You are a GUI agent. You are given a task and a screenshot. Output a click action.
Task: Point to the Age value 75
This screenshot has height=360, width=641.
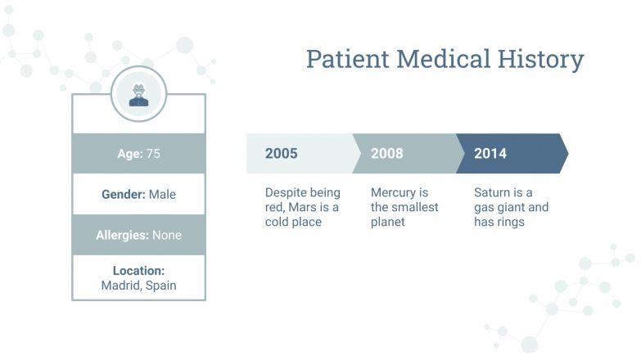[x=153, y=153]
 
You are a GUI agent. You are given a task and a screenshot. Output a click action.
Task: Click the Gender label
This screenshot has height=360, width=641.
[x=124, y=195]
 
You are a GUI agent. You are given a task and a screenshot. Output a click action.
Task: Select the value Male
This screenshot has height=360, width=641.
[x=162, y=195]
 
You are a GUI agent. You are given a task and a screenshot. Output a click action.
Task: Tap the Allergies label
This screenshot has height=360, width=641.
[x=122, y=235]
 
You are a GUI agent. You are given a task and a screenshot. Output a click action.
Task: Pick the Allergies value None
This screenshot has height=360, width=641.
[x=166, y=235]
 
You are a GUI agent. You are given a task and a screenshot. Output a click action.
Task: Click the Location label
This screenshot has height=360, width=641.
[x=138, y=271]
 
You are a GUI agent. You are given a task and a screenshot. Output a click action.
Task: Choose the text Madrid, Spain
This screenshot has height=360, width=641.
[x=138, y=286]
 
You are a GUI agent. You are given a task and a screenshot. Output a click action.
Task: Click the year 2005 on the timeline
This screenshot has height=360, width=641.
[x=281, y=154]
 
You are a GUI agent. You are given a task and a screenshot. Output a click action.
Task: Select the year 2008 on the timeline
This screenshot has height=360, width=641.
[x=386, y=154]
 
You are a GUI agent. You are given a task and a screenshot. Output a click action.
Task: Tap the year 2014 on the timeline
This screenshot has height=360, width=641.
[x=490, y=154]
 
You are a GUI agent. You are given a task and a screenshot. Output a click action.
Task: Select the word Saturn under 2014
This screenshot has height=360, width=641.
[x=492, y=193]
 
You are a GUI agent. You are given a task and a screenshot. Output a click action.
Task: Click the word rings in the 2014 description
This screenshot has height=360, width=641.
[x=510, y=222]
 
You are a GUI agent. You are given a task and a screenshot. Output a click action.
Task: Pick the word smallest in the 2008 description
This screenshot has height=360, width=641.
[x=420, y=208]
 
